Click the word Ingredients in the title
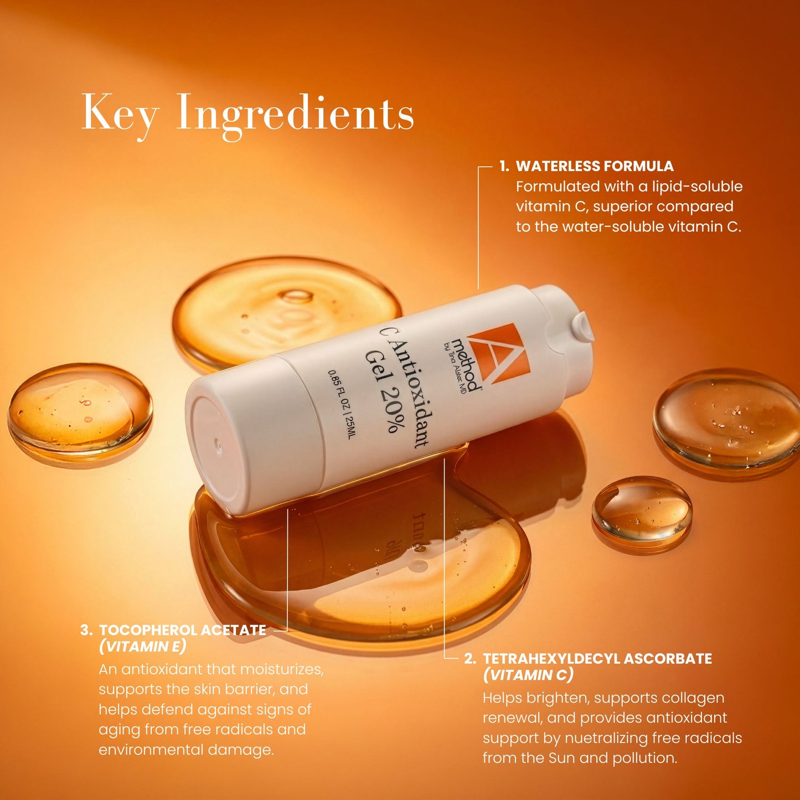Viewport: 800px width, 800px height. point(295,113)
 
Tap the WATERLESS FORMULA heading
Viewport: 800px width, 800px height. point(595,166)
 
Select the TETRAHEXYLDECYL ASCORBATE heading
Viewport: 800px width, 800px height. point(597,659)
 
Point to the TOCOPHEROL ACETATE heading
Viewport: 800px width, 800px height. point(183,630)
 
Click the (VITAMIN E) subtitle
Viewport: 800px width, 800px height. point(143,646)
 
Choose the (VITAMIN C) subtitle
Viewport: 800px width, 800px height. point(528,675)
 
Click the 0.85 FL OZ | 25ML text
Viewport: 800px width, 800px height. point(342,404)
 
